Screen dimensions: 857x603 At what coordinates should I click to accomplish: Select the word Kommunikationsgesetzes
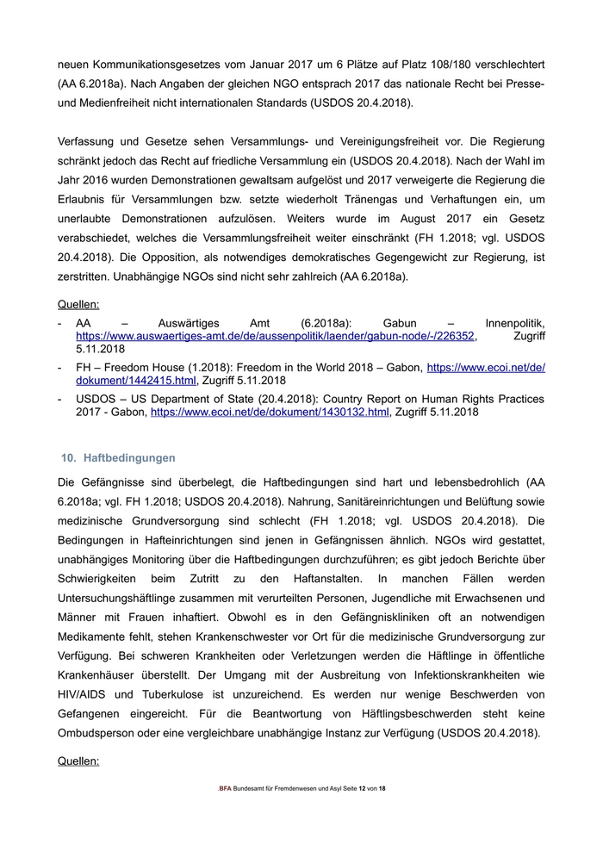(x=159, y=65)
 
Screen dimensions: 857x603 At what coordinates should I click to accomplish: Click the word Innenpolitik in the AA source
(x=514, y=321)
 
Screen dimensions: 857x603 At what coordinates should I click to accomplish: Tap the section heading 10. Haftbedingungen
(x=117, y=457)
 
